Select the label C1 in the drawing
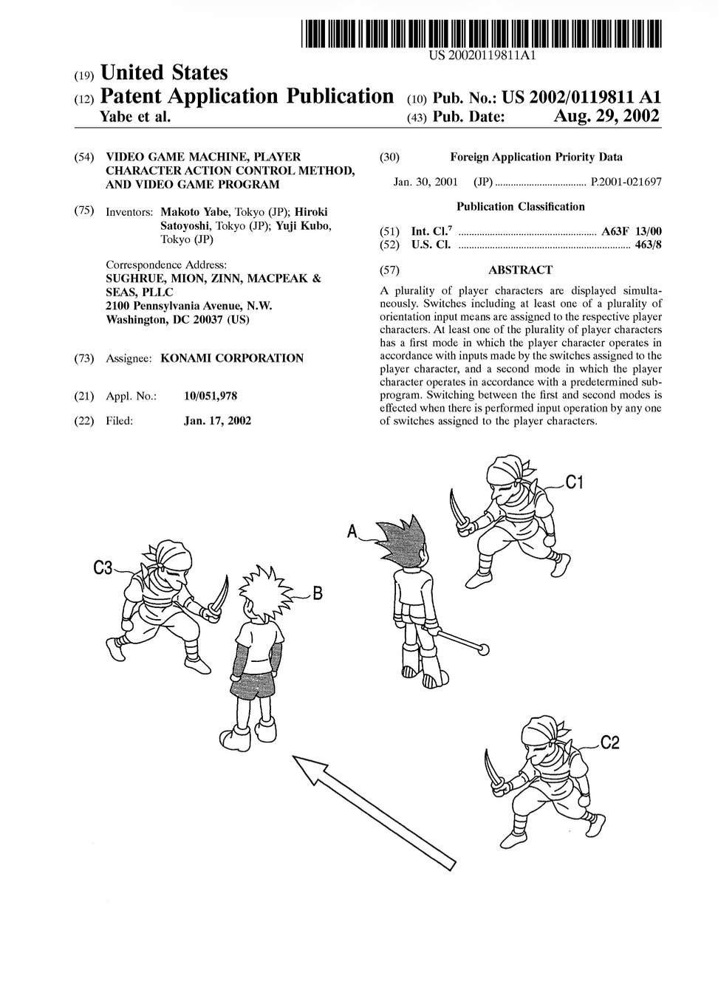(x=575, y=483)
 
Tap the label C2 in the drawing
(x=609, y=743)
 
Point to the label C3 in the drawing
(x=103, y=567)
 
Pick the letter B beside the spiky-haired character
(x=317, y=592)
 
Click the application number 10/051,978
(x=211, y=396)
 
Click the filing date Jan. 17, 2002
(x=217, y=420)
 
